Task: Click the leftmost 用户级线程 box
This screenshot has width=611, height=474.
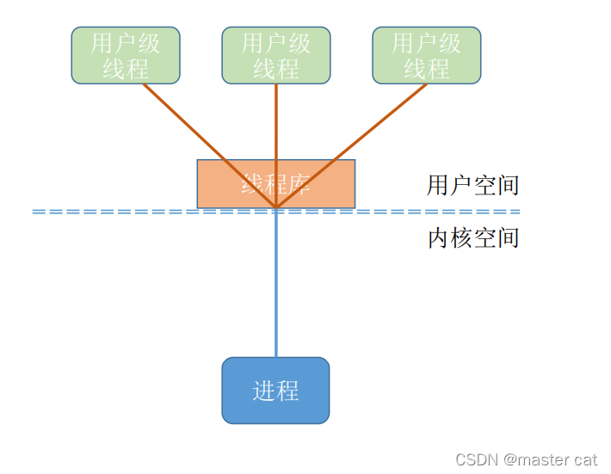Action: pyautogui.click(x=126, y=55)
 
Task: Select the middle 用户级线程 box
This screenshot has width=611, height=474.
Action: pyautogui.click(x=276, y=55)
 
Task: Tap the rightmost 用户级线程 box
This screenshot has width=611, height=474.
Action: pyautogui.click(x=427, y=55)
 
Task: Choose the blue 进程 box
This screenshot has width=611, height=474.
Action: pyautogui.click(x=275, y=391)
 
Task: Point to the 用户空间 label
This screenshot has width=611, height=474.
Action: pyautogui.click(x=472, y=185)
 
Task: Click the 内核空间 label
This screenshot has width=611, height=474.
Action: pyautogui.click(x=472, y=237)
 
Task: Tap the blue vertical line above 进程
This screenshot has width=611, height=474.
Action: pyautogui.click(x=276, y=284)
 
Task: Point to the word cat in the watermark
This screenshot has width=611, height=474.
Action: pyautogui.click(x=585, y=459)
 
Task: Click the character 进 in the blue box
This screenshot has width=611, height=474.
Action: pyautogui.click(x=263, y=391)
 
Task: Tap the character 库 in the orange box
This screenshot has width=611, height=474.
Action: pyautogui.click(x=299, y=184)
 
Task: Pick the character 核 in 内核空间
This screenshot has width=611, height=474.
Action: pyautogui.click(x=461, y=237)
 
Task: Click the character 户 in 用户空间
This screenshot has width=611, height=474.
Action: pyautogui.click(x=461, y=185)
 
